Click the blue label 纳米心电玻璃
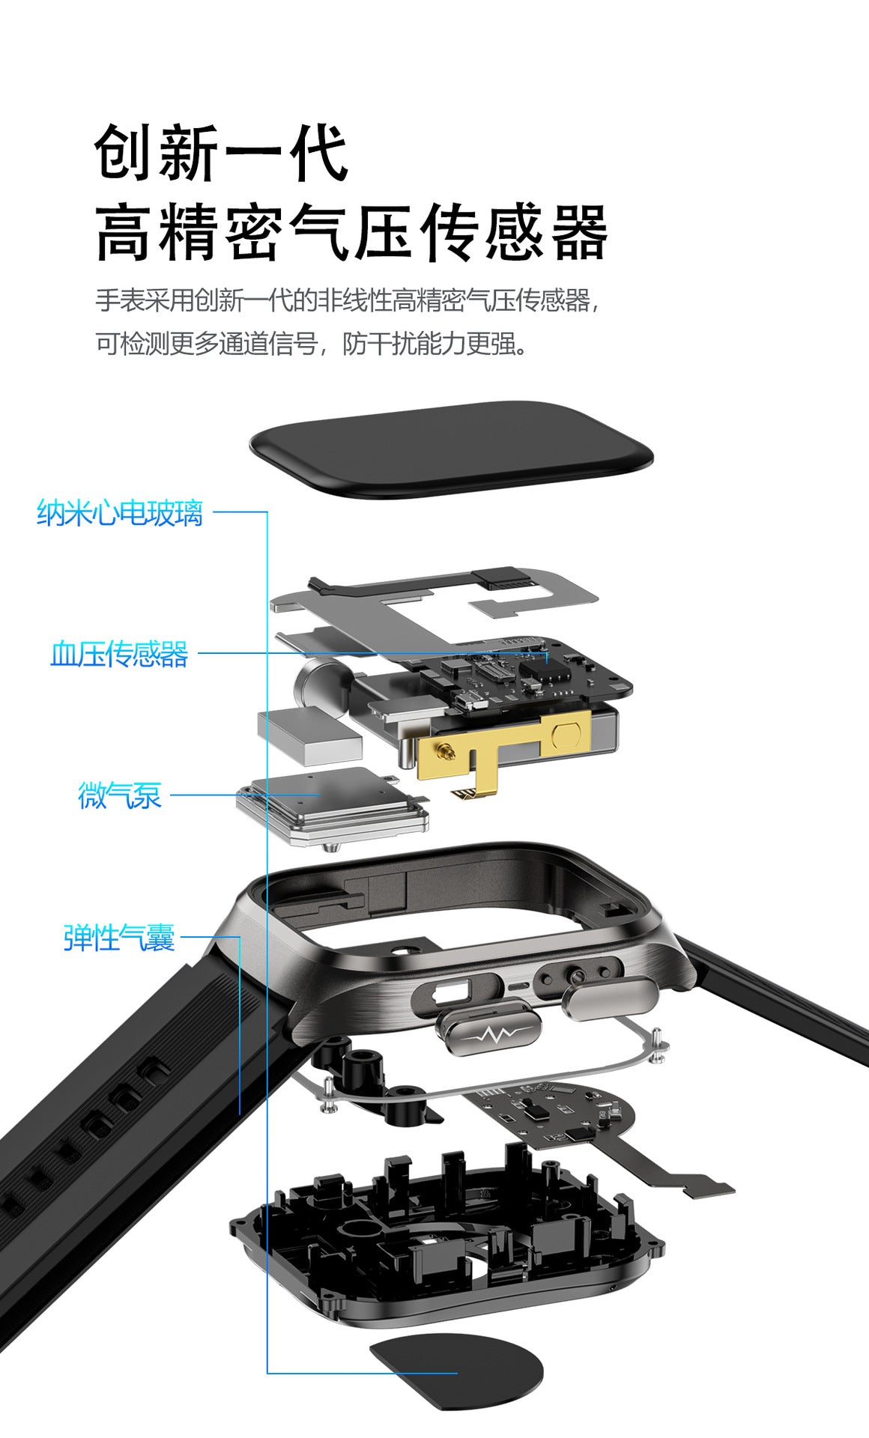point(120,514)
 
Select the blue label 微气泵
point(120,795)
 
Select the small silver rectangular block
point(309,735)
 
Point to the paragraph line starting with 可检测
point(311,344)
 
